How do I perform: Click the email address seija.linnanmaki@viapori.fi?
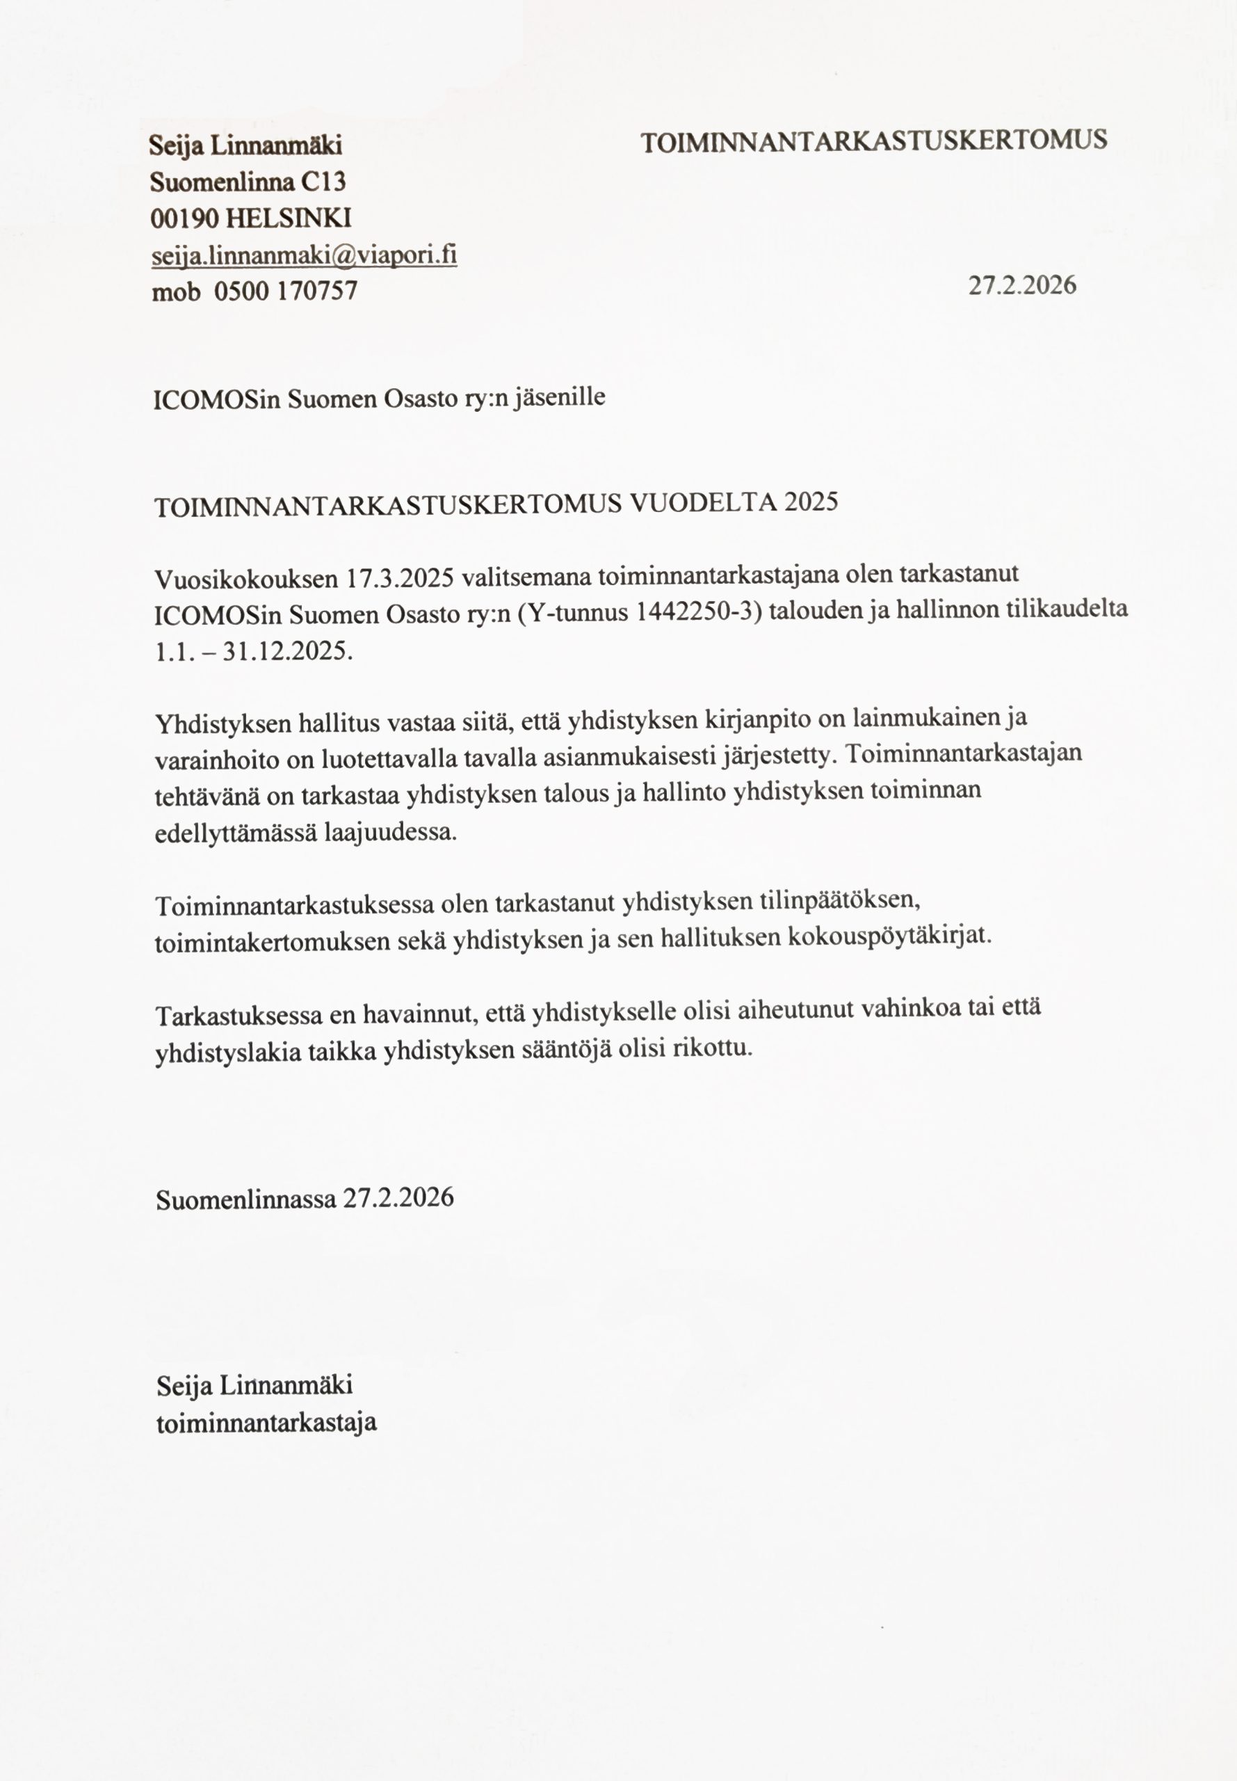(x=304, y=255)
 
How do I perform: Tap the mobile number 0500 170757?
(x=285, y=291)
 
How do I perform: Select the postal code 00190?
(x=184, y=218)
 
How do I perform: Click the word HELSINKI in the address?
(x=289, y=218)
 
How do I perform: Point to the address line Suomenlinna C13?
(x=248, y=182)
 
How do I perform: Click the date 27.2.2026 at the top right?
(x=1021, y=285)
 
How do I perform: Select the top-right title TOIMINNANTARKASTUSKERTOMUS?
(x=873, y=141)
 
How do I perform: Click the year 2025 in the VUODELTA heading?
(x=811, y=502)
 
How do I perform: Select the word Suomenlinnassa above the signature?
(x=245, y=1199)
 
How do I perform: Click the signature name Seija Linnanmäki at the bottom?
(x=254, y=1384)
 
